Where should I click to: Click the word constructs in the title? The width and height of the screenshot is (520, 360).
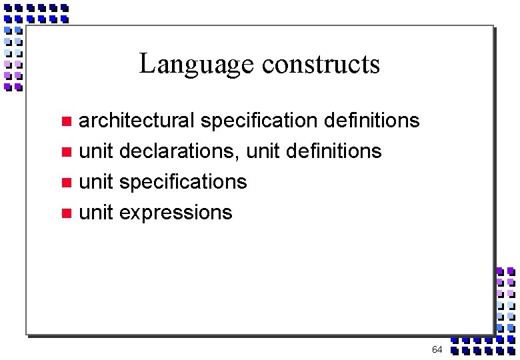click(321, 65)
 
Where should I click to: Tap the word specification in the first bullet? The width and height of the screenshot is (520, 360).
click(259, 121)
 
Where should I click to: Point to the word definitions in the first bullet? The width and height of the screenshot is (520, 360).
click(371, 121)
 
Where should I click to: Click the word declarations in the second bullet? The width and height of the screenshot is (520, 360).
click(178, 151)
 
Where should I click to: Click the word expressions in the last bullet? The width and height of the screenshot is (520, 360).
click(176, 213)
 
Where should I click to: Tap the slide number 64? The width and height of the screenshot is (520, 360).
click(437, 349)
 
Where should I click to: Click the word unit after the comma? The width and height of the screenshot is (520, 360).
click(263, 151)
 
